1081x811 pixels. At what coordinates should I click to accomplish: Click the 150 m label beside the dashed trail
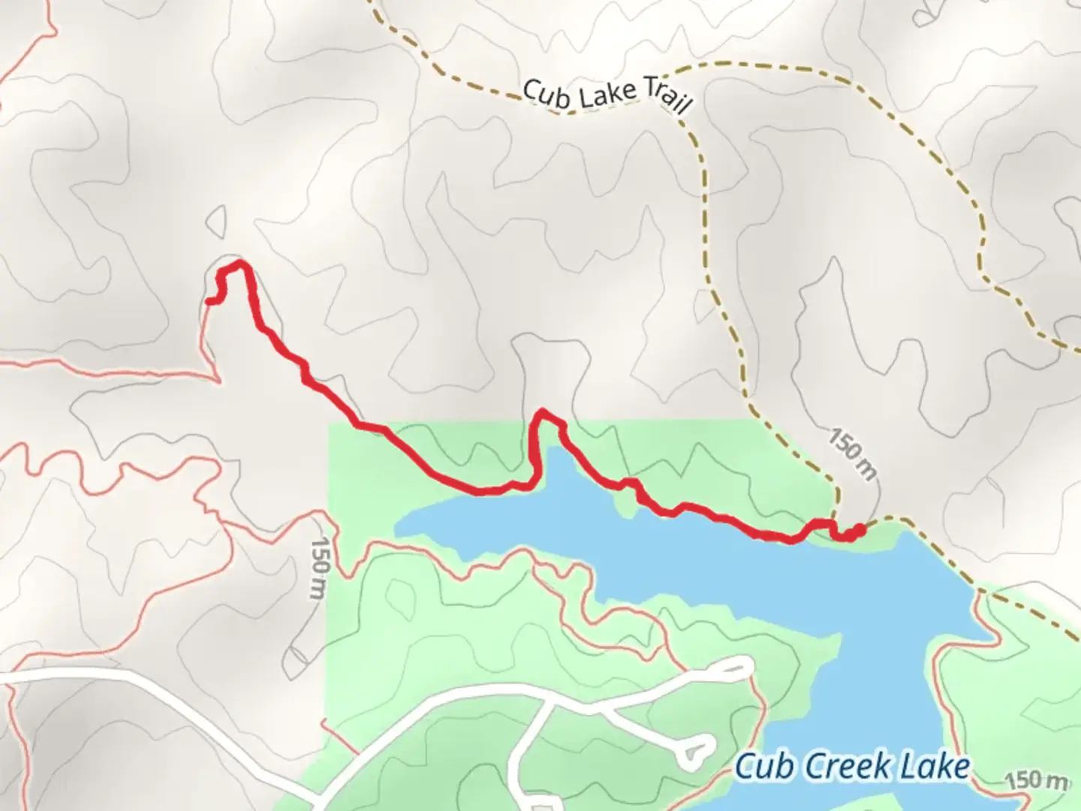853,454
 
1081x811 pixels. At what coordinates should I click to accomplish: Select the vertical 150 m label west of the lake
321,568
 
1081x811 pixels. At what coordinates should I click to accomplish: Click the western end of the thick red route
208,301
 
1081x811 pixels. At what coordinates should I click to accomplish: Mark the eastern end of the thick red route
860,529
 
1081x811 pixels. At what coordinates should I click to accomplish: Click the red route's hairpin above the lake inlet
542,414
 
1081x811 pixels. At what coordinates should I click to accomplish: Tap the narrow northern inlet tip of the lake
553,451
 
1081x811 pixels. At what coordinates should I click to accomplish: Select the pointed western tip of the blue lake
396,526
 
